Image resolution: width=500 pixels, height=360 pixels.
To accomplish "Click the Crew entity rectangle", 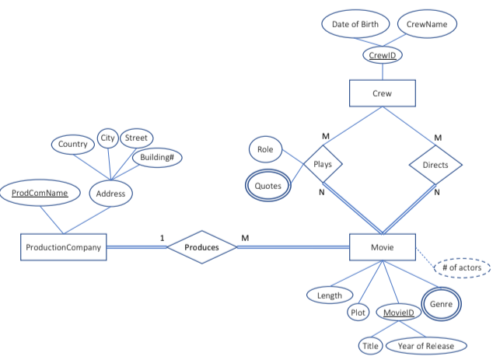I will [383, 94].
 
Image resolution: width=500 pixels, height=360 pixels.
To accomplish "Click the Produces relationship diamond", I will [201, 247].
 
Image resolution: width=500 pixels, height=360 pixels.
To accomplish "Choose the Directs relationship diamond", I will [435, 165].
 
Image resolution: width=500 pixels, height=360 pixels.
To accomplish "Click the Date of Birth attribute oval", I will [355, 24].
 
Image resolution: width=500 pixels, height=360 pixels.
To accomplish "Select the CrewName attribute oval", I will [427, 24].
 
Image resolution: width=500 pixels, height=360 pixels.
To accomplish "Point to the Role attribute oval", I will [265, 149].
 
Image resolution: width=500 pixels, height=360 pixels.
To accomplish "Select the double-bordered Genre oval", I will [441, 304].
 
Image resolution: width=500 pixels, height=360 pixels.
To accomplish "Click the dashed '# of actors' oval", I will [462, 267].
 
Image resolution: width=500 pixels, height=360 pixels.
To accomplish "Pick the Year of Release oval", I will [426, 344].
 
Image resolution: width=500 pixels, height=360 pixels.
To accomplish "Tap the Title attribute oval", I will [370, 344].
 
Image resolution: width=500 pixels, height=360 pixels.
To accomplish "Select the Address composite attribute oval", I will [110, 194].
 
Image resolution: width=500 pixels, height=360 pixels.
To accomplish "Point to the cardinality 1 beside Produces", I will [162, 237].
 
